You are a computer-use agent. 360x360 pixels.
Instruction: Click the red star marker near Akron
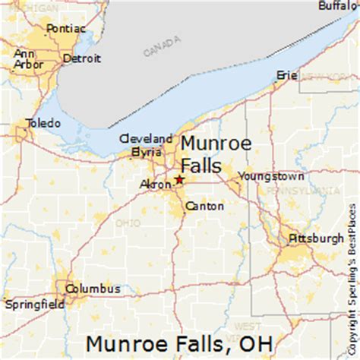pos(179,179)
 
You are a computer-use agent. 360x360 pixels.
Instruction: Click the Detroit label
pos(81,58)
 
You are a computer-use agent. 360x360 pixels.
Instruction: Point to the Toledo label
pos(43,123)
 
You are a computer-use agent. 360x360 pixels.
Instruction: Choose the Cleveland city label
pos(146,139)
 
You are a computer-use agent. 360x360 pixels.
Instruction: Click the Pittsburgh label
pos(315,238)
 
